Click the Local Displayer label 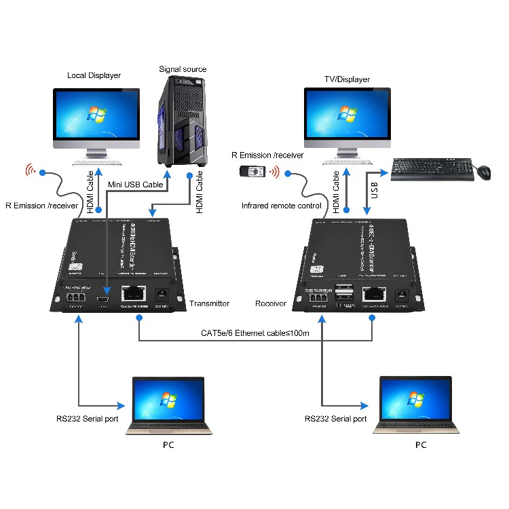pyautogui.click(x=94, y=75)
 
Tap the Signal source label pyautogui.click(x=183, y=69)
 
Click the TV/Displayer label pyautogui.click(x=347, y=79)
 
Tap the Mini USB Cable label pyautogui.click(x=136, y=185)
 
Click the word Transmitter pyautogui.click(x=210, y=303)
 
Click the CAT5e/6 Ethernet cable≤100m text pyautogui.click(x=255, y=333)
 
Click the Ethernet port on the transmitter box pyautogui.click(x=132, y=294)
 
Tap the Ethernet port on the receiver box pyautogui.click(x=373, y=295)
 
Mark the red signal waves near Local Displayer pyautogui.click(x=31, y=170)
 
